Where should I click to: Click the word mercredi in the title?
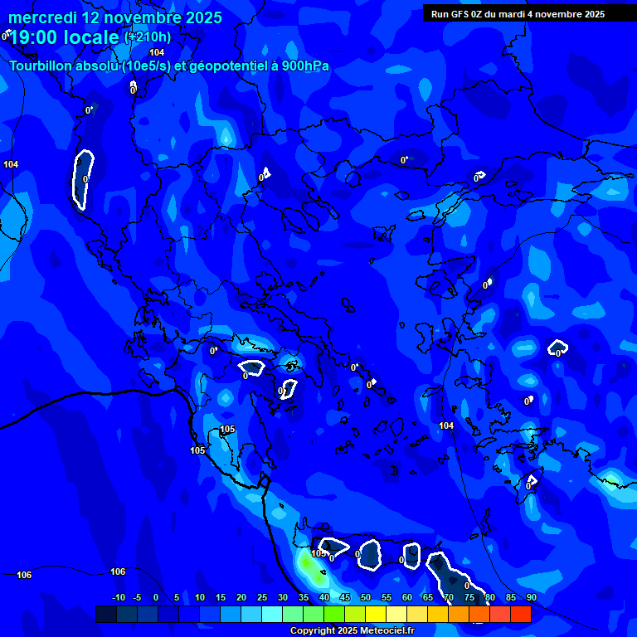click(42, 17)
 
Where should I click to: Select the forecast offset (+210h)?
click(148, 36)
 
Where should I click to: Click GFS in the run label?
click(462, 14)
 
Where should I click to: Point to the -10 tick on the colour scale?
click(118, 598)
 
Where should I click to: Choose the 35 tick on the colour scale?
click(304, 598)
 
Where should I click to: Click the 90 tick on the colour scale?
click(531, 598)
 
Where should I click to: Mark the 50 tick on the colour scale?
click(366, 598)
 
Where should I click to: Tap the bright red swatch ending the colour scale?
click(520, 614)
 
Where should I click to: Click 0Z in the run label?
click(480, 14)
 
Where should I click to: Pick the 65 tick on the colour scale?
click(428, 598)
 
